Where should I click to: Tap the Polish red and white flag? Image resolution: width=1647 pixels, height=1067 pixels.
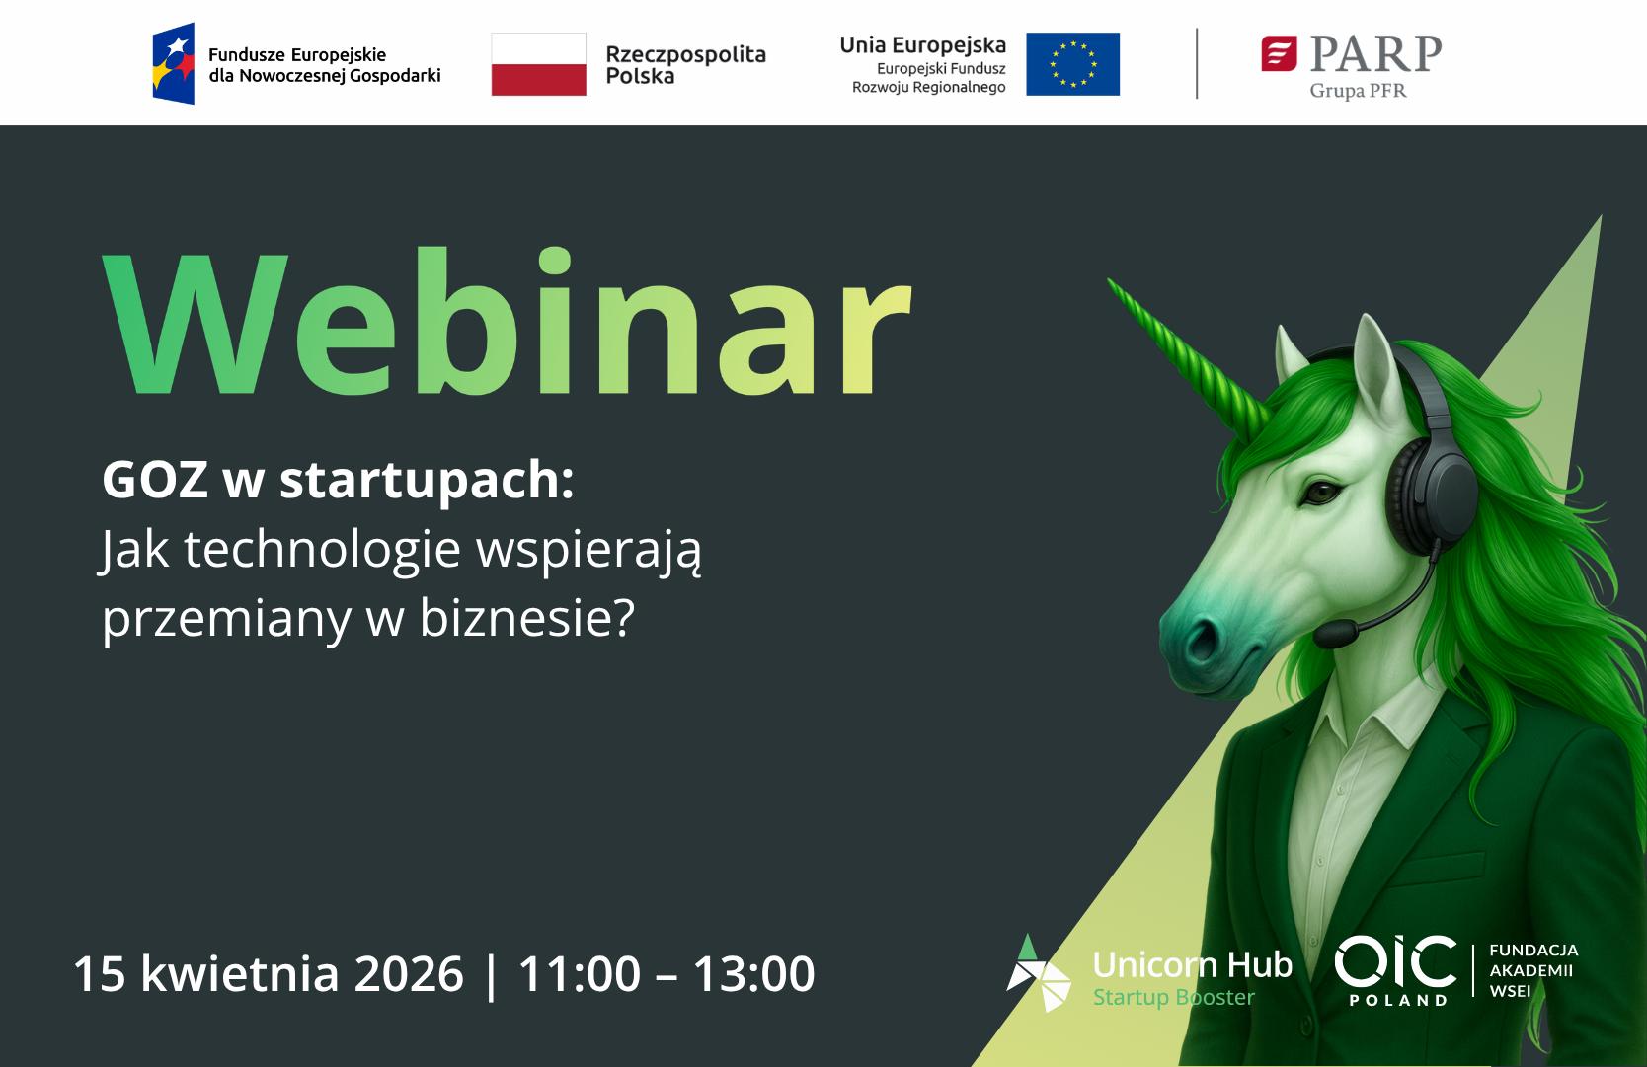pos(539,64)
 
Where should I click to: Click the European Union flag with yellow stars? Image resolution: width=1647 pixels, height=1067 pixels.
pos(1072,64)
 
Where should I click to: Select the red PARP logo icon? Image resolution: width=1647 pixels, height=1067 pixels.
pos(1279,53)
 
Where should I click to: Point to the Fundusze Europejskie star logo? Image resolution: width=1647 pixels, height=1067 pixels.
pos(174,63)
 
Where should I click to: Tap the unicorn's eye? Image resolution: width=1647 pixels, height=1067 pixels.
pos(1321,491)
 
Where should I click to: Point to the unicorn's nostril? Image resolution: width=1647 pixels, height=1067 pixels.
pos(1203,641)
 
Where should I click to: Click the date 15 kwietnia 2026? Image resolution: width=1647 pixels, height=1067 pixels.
pos(269,973)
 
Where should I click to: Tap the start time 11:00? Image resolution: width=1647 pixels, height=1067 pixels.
pos(580,973)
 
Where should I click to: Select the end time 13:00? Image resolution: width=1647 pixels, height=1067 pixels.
pos(753,973)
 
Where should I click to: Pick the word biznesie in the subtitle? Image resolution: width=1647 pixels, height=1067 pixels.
pos(526,618)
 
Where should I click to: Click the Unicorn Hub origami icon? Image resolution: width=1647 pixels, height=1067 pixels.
pos(1038,973)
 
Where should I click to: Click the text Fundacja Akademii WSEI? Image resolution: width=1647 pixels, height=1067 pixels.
pos(1533,970)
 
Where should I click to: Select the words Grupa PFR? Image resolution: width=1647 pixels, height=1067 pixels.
pos(1358,91)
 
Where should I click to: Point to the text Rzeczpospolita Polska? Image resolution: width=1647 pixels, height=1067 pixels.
pos(685,65)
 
